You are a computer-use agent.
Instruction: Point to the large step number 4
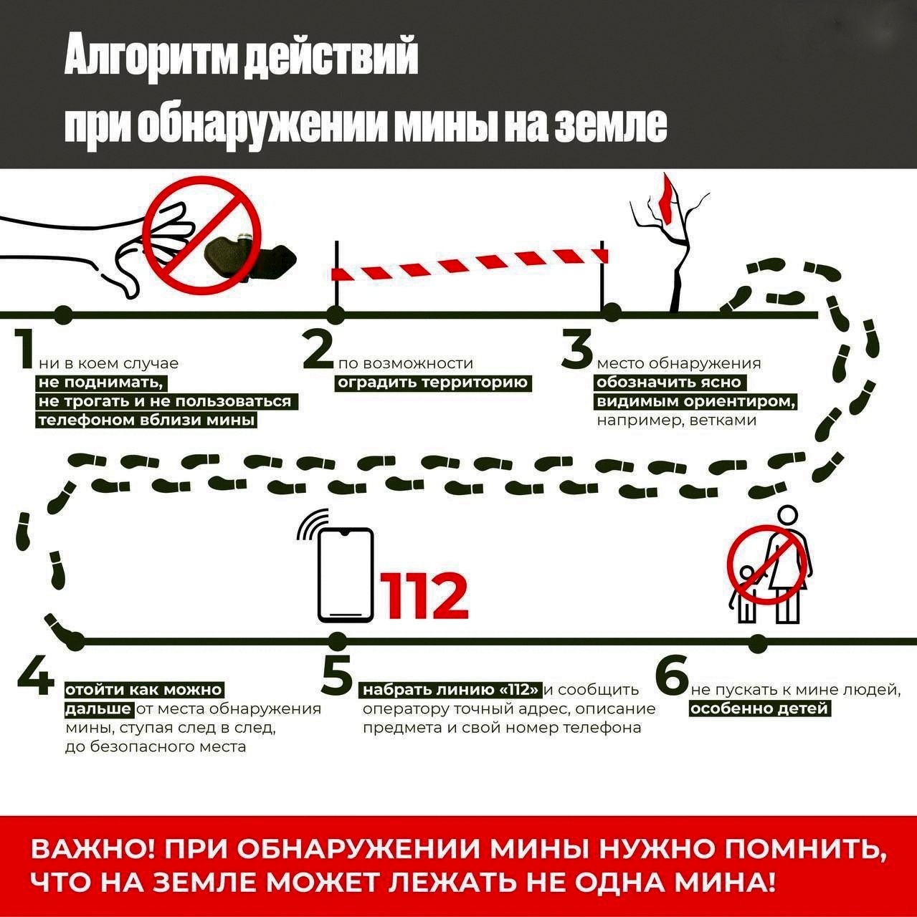point(36,676)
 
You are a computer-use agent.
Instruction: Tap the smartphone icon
point(346,575)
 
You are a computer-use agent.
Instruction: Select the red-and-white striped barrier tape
point(470,264)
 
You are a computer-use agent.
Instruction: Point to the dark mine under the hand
point(250,260)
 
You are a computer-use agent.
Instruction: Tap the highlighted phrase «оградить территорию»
point(434,383)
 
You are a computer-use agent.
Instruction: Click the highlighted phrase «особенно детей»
point(760,709)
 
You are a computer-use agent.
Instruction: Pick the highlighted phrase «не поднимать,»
point(102,383)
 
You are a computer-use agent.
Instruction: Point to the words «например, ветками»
point(676,421)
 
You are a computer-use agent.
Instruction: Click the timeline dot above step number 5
point(337,641)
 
